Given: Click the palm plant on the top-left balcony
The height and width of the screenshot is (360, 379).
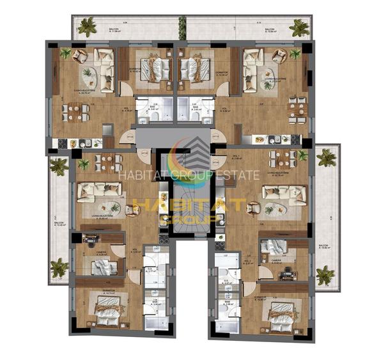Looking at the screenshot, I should tap(86, 27).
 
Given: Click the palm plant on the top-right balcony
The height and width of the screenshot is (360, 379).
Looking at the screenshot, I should tap(298, 27).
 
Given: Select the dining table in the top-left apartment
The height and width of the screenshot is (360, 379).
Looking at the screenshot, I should tap(75, 113).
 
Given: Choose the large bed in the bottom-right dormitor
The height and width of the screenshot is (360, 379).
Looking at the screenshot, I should tap(279, 314).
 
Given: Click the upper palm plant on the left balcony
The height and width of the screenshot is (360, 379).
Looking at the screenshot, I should tap(59, 166).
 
